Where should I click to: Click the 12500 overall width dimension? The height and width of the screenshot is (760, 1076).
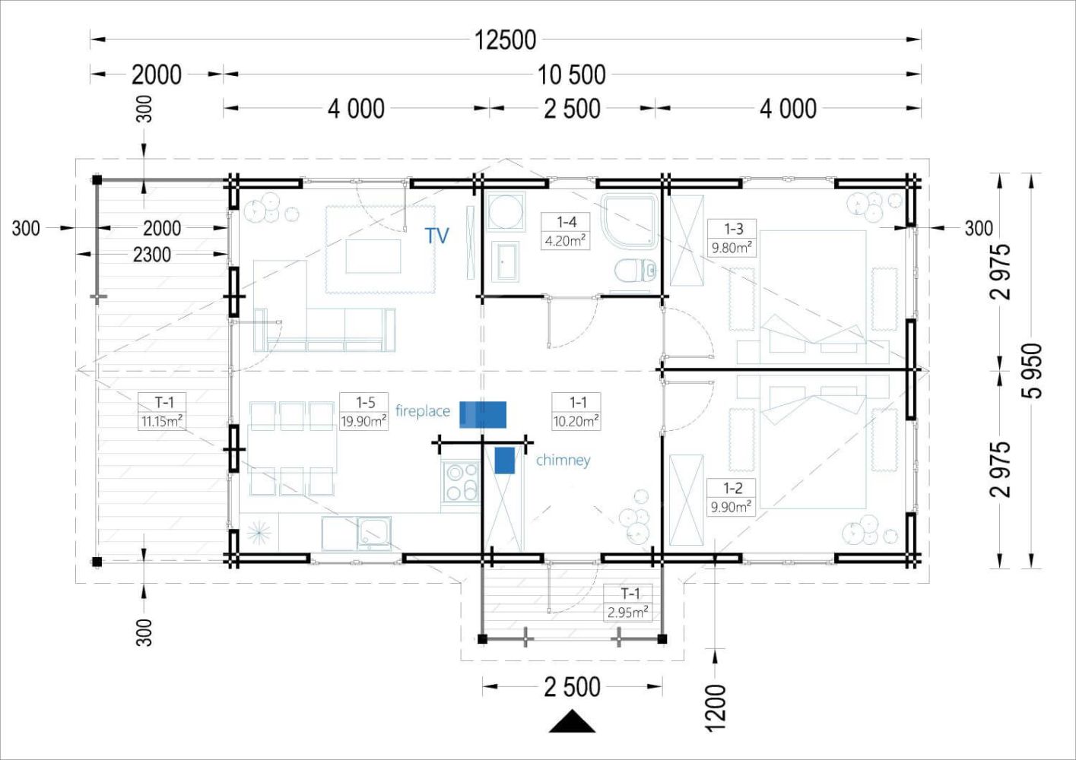pos(505,40)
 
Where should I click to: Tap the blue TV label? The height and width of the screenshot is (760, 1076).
pos(437,236)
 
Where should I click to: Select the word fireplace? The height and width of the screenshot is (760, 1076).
pos(423,411)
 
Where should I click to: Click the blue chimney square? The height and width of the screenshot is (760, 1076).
pos(504,461)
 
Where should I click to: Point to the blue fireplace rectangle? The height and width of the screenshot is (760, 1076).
pos(483,414)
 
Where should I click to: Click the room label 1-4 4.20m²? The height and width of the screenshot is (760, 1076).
pos(566,231)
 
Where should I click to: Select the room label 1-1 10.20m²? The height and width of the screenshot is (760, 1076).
pos(576,411)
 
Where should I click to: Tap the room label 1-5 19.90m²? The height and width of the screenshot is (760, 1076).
pos(364,411)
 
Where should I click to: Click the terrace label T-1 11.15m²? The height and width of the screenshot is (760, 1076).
pos(162,411)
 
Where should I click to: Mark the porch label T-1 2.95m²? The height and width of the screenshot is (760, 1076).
pos(628,603)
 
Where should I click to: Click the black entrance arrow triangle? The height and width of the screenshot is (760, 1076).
pos(572,722)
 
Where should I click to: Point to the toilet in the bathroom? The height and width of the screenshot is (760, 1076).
pos(634,270)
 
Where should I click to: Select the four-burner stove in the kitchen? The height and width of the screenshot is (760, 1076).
pos(461,482)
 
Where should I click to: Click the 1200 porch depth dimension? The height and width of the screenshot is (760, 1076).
pos(716,707)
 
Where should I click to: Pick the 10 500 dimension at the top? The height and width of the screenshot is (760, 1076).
pos(572,74)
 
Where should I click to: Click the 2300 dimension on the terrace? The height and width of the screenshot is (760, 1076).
pos(152,254)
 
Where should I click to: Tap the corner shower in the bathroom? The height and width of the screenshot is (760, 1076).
pos(630,220)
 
